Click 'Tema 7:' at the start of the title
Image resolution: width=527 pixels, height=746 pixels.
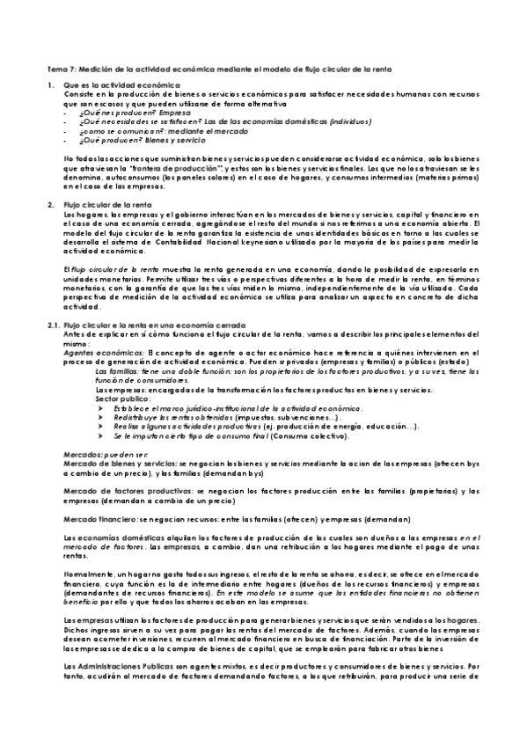(61, 68)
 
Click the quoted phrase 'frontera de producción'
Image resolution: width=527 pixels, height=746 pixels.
(199, 167)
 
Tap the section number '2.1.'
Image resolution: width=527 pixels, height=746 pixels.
(53, 325)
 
